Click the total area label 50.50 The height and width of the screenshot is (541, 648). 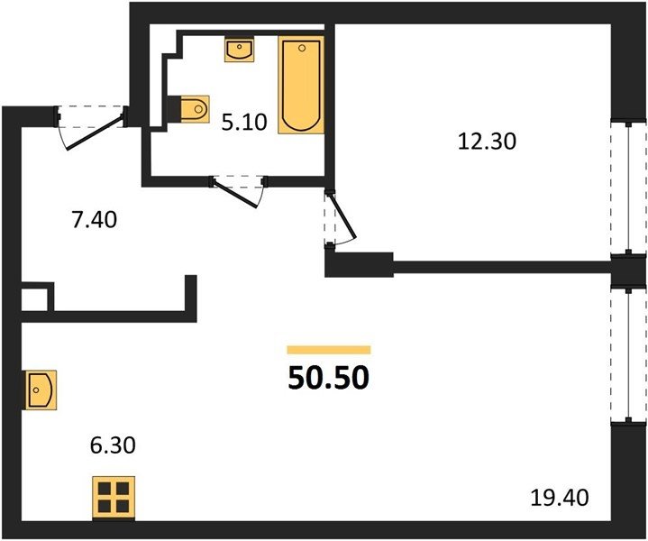coord(329,378)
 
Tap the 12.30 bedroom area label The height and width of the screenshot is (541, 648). coord(487,142)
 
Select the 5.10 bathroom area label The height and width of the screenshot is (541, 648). coord(244,123)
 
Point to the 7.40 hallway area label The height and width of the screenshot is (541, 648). coord(95,220)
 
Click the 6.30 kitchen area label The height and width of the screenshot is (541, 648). coord(113,445)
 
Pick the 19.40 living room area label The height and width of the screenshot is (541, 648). coord(560,498)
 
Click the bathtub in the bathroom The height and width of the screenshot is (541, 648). coord(301,85)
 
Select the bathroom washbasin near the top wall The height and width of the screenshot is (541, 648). coord(239,50)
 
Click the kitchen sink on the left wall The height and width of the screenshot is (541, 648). coord(41,390)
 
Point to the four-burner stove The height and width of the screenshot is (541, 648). coord(114,498)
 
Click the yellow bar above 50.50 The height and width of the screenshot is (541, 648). coord(329,350)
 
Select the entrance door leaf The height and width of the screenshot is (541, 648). coord(95,133)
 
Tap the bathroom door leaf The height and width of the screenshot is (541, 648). coord(235,193)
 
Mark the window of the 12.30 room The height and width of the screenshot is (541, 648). coord(628,187)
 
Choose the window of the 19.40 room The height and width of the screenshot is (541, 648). coord(628,355)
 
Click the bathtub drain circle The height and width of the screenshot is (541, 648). coord(302,48)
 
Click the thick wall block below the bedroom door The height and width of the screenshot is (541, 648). coord(359,265)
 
